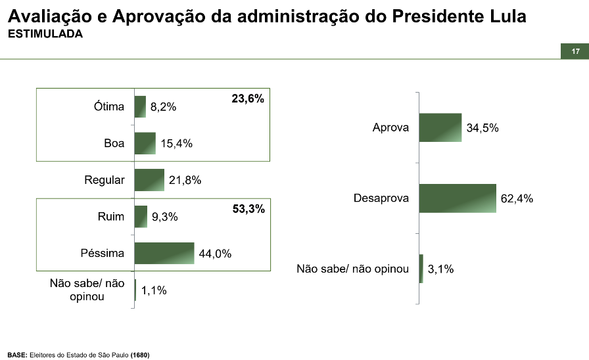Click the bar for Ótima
tap(140, 106)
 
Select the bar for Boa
tap(145, 143)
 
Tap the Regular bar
tap(149, 180)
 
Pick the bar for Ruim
tap(141, 217)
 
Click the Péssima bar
tap(164, 254)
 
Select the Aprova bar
tap(440, 127)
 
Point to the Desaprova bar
tap(457, 198)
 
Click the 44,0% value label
tap(215, 254)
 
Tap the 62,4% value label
tap(517, 198)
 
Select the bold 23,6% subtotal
tap(248, 99)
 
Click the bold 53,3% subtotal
tap(248, 210)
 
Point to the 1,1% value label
tap(154, 290)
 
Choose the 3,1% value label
tap(441, 269)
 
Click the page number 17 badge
tap(575, 52)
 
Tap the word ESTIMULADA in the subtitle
tap(45, 34)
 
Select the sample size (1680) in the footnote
tap(140, 355)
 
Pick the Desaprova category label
tap(381, 198)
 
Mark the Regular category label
tap(104, 180)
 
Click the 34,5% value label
tap(483, 128)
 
